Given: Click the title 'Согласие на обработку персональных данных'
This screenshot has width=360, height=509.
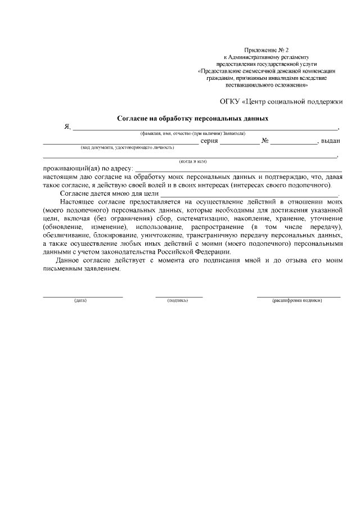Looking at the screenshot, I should tap(192, 119).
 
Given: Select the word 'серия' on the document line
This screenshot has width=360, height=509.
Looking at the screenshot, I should tap(209, 141).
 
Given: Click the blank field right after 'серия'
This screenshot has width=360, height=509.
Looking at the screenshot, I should tap(240, 142).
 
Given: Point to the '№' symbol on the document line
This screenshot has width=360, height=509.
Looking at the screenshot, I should tap(264, 141).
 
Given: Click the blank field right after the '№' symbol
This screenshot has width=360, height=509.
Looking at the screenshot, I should tap(294, 142).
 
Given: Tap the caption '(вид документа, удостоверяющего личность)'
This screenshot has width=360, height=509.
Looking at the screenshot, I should tap(128, 147).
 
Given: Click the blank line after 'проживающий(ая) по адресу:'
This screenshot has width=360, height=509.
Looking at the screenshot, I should tap(238, 168).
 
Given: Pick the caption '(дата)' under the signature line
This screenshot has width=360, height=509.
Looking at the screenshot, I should tap(80, 300).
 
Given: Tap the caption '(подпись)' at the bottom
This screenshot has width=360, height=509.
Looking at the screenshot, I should tap(178, 300).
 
